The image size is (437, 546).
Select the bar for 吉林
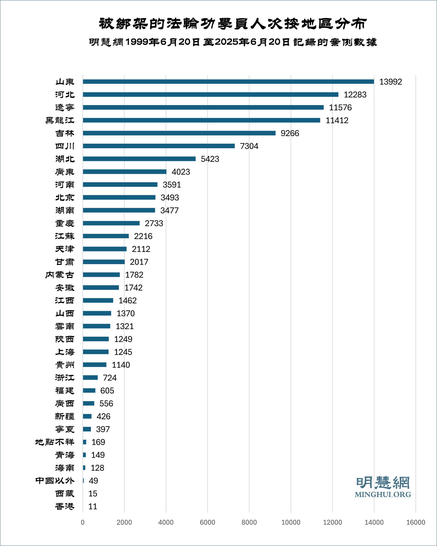coord(179,133)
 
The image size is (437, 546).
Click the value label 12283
coord(355,94)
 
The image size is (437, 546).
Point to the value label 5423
coord(210,159)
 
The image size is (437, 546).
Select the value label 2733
coord(154,223)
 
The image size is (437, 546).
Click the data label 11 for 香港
coord(93,506)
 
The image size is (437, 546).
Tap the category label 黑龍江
coord(60,120)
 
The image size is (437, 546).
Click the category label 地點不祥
coord(55,442)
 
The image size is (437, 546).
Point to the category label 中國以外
coord(55,480)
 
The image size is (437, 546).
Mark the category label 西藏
coord(65,493)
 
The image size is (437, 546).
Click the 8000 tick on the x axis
coord(249,522)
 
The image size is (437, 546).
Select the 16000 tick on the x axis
coord(416,522)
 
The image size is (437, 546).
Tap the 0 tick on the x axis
coord(83,522)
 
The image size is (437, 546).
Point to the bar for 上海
coord(96,352)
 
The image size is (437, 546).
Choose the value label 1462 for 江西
coord(127,300)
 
